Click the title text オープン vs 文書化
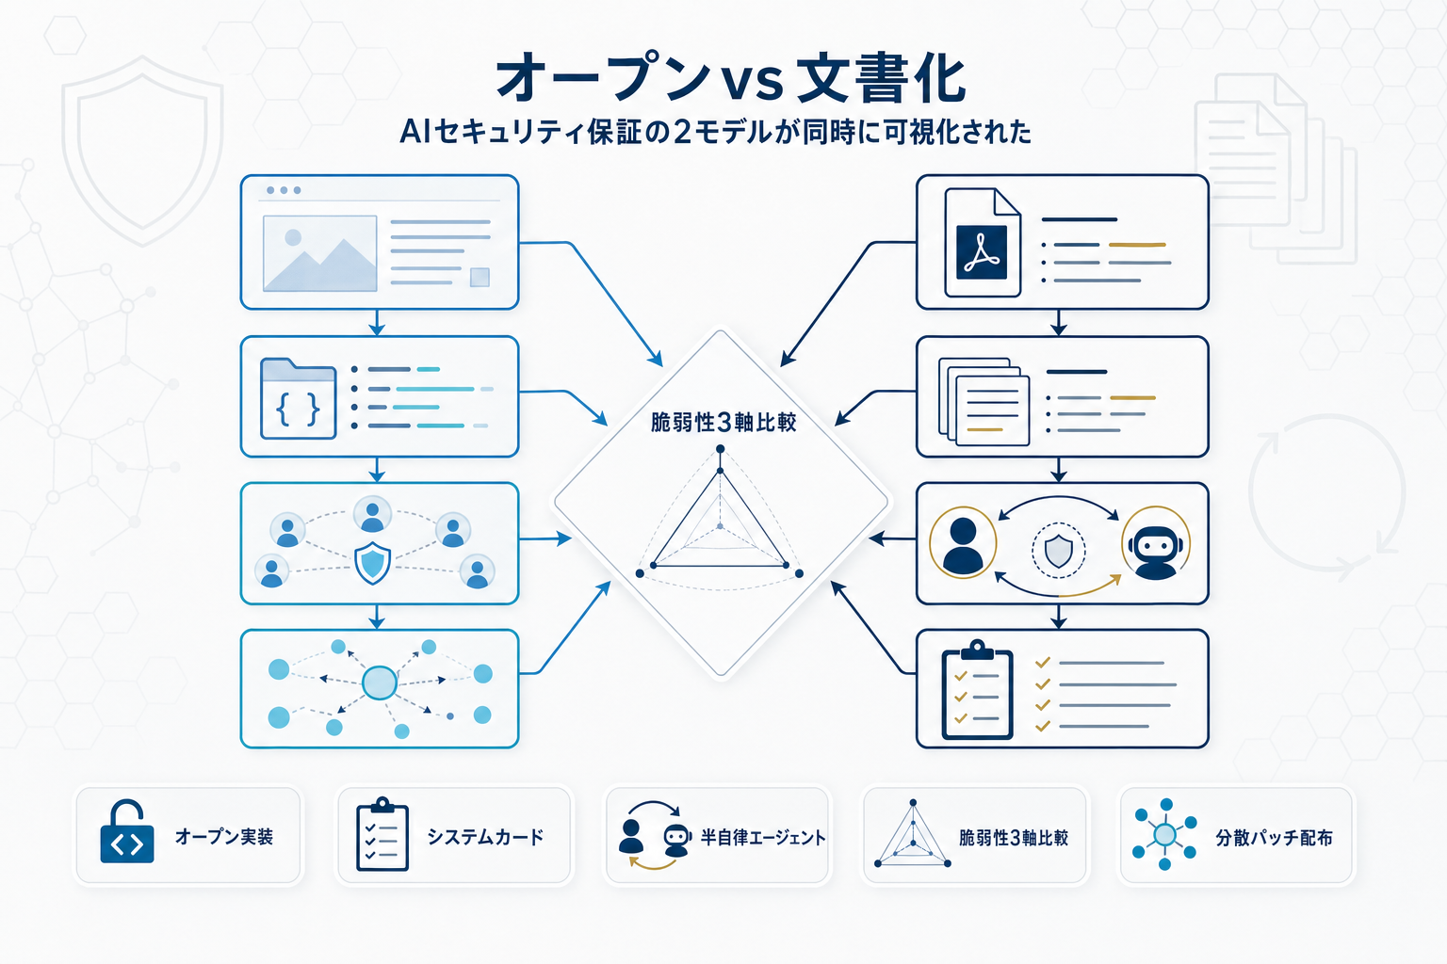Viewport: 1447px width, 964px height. (731, 78)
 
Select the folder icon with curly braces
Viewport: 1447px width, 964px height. (298, 398)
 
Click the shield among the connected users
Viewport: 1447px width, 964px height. (373, 562)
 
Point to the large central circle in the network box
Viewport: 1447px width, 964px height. (379, 683)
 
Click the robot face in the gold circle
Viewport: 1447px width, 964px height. (1156, 543)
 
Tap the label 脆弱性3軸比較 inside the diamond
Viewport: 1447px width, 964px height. (723, 423)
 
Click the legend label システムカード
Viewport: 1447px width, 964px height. (485, 837)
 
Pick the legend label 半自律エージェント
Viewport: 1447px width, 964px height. (762, 837)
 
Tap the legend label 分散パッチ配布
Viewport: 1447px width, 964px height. (1274, 837)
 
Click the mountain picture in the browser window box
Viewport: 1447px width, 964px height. (319, 253)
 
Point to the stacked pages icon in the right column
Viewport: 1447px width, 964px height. (984, 401)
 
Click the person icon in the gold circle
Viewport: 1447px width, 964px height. (963, 543)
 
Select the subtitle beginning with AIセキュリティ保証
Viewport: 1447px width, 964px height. (716, 132)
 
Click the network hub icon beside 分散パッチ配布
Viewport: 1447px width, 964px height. (1164, 834)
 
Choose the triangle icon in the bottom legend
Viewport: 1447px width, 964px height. (912, 835)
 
